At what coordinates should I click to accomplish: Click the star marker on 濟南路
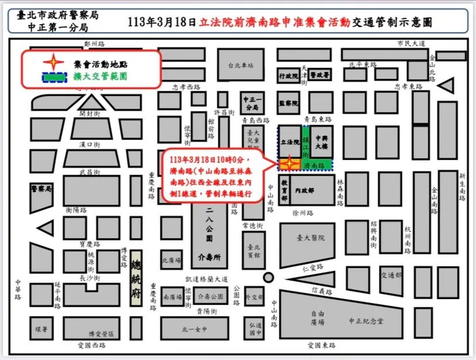(289, 163)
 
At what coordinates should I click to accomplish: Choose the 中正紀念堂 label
(366, 322)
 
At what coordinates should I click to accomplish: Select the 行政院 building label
(289, 76)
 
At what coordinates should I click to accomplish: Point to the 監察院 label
(289, 102)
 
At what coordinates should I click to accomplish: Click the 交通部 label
(391, 275)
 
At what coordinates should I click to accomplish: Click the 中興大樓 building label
(321, 142)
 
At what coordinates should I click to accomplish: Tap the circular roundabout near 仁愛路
(269, 277)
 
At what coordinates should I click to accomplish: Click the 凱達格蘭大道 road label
(206, 279)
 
